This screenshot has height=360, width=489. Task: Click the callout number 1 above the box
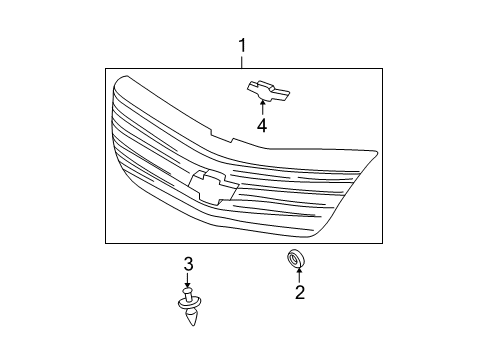tap(242, 46)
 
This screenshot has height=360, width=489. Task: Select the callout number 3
tap(188, 264)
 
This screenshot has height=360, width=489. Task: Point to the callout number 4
tap(262, 126)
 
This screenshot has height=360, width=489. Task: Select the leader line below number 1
tap(242, 62)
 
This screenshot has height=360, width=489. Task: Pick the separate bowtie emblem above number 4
tap(268, 89)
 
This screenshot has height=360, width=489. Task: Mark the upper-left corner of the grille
tap(119, 79)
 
